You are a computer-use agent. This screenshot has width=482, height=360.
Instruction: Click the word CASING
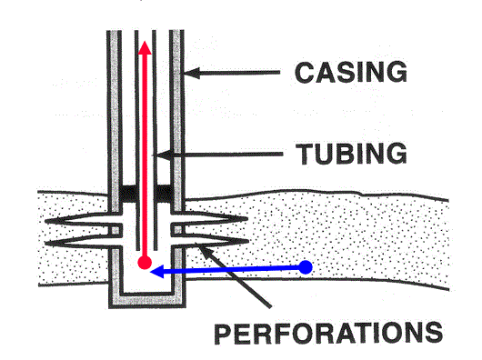[x=351, y=72]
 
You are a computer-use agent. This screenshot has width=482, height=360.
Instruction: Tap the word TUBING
[x=351, y=154]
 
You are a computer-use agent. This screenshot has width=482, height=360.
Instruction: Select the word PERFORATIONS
[x=328, y=333]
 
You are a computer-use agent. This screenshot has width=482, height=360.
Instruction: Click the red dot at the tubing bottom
[x=145, y=263]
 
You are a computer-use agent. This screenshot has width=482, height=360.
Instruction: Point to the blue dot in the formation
[x=306, y=267]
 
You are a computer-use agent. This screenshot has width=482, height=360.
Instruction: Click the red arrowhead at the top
[x=145, y=48]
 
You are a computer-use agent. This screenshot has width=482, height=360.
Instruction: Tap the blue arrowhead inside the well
[x=156, y=272]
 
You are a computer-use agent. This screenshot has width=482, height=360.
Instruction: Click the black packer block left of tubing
[x=128, y=194]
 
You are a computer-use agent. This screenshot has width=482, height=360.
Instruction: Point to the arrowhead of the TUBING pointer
[x=163, y=155]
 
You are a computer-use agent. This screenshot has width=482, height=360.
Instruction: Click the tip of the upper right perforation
[x=247, y=219]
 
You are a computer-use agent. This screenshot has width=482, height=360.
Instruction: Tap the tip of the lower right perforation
[x=248, y=242]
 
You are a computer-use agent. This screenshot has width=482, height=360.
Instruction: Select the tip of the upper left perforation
[x=45, y=221]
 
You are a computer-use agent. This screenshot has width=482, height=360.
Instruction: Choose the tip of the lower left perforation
[x=45, y=244]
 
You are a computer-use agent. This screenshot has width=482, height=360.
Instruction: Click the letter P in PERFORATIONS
[x=223, y=334]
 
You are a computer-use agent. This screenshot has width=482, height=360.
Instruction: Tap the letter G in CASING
[x=396, y=72]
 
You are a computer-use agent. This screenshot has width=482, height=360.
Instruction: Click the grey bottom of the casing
[x=147, y=299]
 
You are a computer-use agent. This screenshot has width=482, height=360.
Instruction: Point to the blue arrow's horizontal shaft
[x=231, y=269]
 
